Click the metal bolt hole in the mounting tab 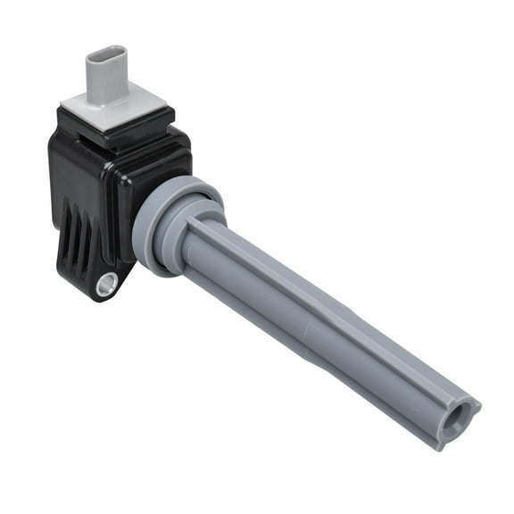point(107,284)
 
